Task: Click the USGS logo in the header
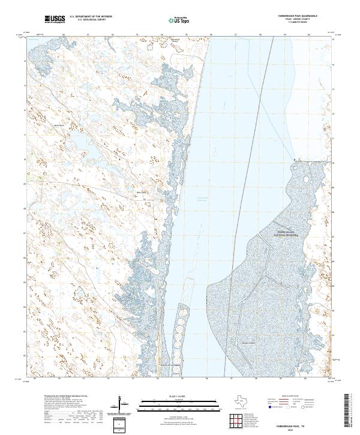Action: point(55,20)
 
